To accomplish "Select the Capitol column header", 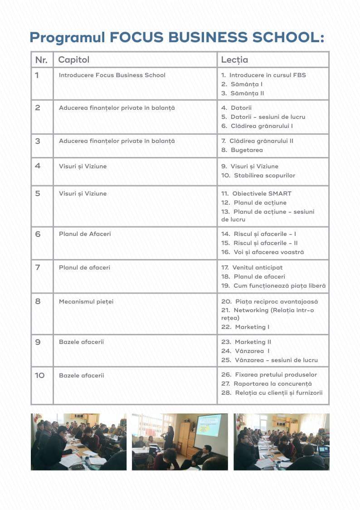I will click(74, 60).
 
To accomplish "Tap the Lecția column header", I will click(234, 60).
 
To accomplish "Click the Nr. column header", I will click(41, 60).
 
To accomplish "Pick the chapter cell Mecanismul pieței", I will click(86, 301).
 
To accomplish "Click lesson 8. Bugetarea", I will click(242, 150).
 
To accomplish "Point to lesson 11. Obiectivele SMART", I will click(256, 193).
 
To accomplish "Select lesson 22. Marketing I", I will click(245, 327).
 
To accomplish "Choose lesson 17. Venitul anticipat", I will click(252, 267).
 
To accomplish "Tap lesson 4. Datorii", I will click(236, 108).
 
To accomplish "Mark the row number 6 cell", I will click(38, 234).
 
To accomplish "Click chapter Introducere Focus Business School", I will click(112, 75).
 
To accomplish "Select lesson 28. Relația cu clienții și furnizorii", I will click(272, 393).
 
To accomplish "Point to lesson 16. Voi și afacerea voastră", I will click(263, 252).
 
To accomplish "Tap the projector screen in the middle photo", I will click(208, 425).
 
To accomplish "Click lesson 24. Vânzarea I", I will click(245, 351).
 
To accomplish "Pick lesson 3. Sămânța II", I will click(243, 93).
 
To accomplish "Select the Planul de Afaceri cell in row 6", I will click(85, 234).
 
